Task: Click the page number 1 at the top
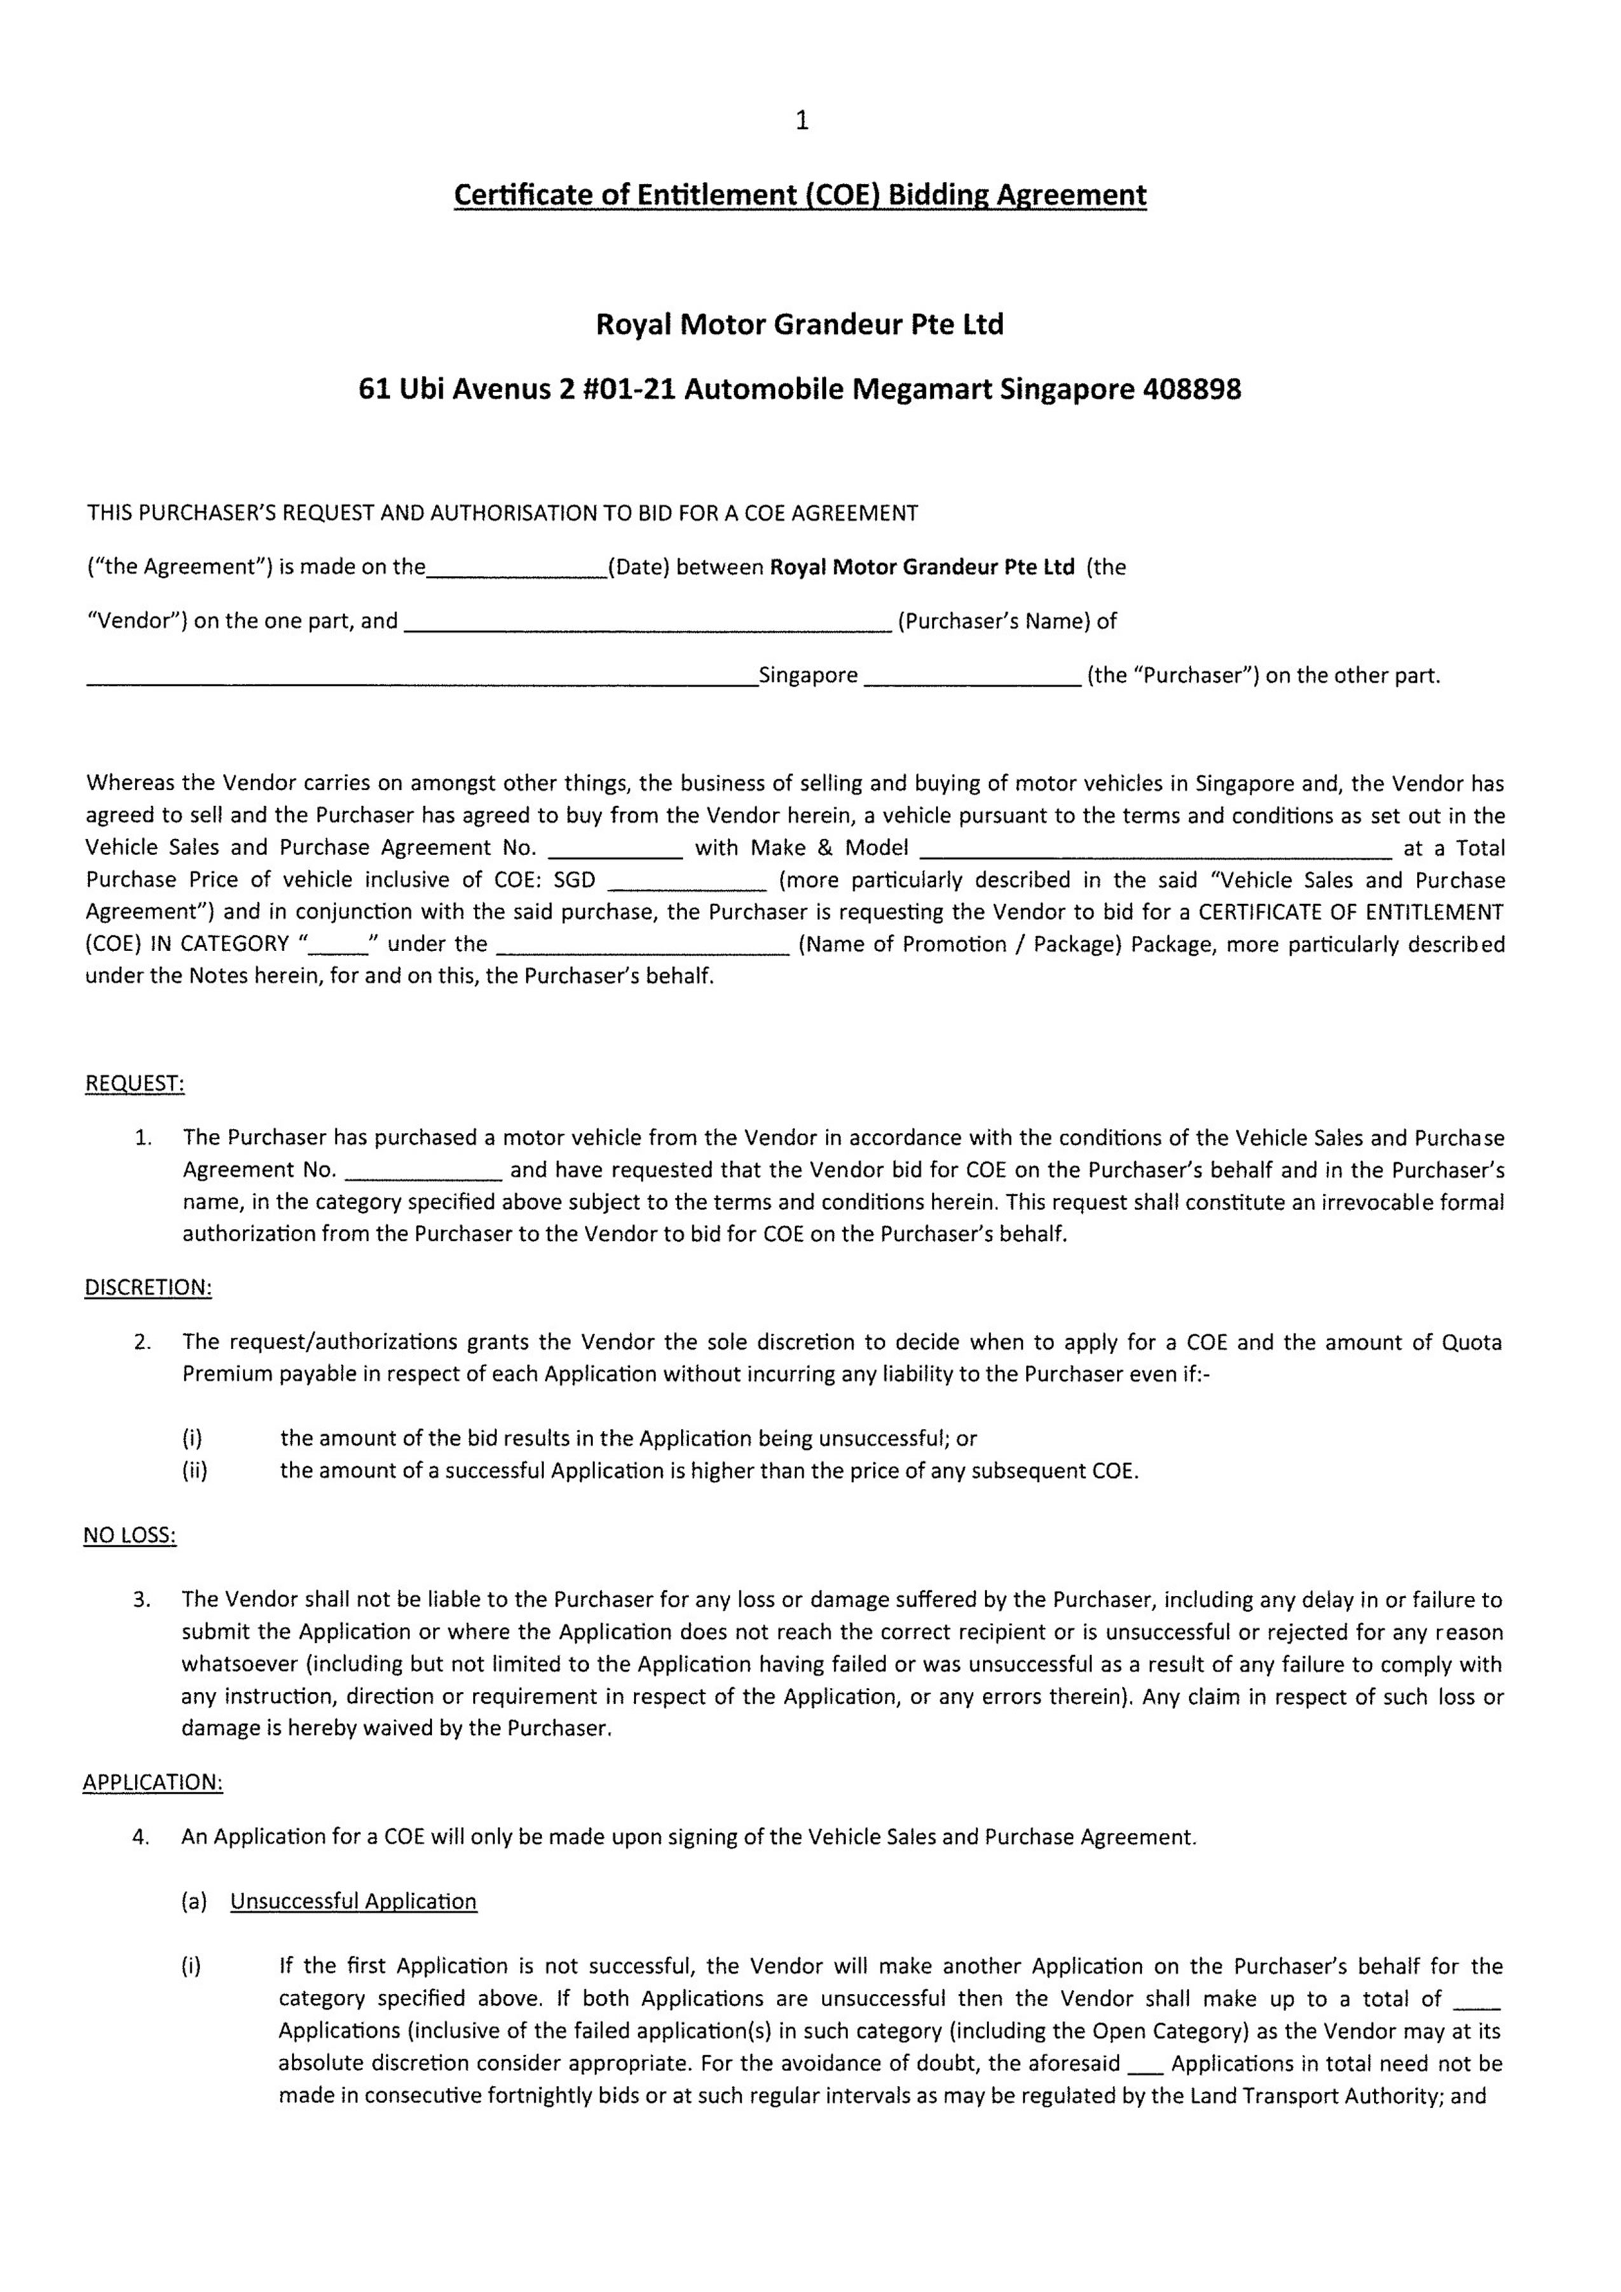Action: click(802, 121)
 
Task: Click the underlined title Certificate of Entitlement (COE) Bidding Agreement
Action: click(800, 195)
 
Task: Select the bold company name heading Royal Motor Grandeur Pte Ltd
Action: click(800, 324)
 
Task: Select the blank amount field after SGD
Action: click(687, 881)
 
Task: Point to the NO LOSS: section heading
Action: click(130, 1535)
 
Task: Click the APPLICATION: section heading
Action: click(153, 1783)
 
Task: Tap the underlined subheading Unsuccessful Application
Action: click(353, 1902)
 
